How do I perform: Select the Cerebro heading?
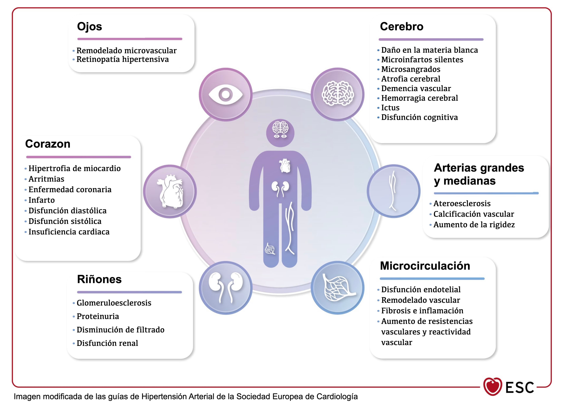[x=402, y=27]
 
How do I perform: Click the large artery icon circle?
[x=394, y=191]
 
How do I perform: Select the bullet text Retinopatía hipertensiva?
[x=123, y=59]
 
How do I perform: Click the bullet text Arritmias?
[x=46, y=179]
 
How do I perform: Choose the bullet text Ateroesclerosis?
[x=462, y=203]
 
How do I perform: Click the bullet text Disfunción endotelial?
[x=421, y=290]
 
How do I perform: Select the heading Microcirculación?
[x=425, y=266]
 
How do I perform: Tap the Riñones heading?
[x=99, y=279]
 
